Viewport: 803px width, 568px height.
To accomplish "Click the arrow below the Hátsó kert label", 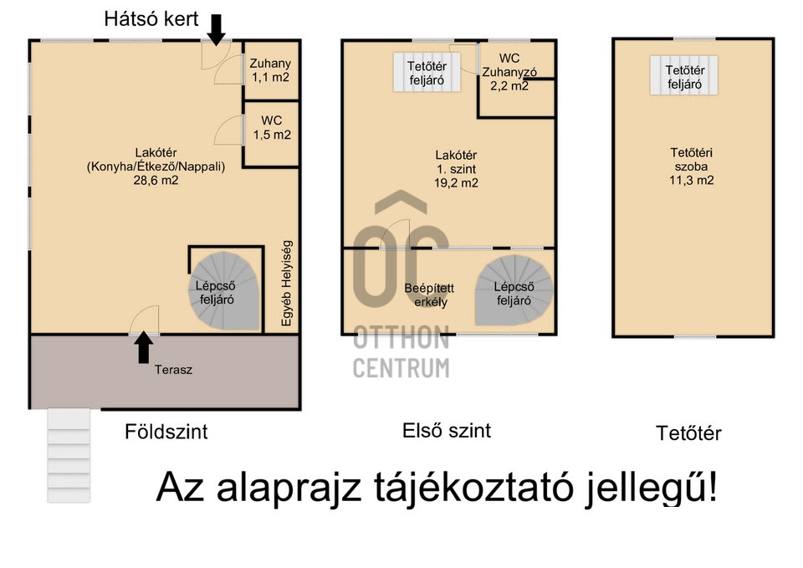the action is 216,30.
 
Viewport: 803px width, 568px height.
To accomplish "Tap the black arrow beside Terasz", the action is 144,347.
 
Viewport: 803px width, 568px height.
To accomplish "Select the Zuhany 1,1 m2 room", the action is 271,70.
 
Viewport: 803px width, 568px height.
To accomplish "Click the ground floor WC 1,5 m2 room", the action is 271,134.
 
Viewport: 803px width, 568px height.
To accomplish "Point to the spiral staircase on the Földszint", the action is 224,290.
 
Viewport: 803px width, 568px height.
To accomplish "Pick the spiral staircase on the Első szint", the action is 514,290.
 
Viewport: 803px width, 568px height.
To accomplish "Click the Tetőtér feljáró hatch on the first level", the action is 427,73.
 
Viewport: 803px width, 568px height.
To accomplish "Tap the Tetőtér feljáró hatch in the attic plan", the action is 684,76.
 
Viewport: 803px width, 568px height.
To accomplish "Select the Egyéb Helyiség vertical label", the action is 287,284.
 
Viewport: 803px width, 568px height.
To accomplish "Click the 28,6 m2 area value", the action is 156,181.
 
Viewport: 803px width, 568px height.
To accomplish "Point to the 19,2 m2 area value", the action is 456,183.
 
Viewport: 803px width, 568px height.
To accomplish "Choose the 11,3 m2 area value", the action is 692,181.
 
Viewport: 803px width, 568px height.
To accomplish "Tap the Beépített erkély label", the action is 429,295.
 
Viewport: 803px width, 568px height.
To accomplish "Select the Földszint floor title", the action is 166,432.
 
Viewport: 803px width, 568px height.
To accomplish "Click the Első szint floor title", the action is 447,430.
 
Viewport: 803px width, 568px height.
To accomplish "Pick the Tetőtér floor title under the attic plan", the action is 688,433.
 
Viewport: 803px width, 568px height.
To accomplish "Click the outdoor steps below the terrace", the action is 69,455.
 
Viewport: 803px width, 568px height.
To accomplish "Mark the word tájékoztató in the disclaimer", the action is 473,487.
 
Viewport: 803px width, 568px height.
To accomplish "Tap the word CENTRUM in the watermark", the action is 401,368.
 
